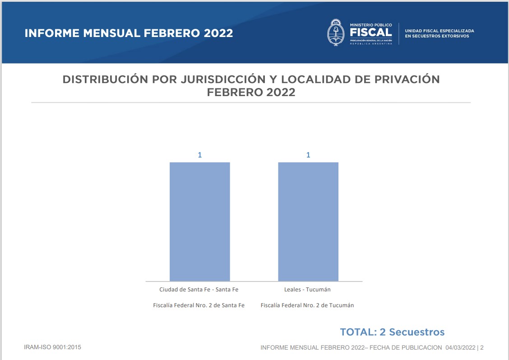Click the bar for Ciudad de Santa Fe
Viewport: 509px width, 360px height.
pos(199,222)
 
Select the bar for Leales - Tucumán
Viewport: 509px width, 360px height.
pos(308,222)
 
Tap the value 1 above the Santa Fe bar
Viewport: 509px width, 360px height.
pos(199,155)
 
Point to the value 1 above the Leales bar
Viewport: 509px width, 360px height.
pos(308,155)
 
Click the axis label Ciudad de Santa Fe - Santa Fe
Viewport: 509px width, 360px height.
pos(199,289)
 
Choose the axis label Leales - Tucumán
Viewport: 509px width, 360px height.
pos(307,289)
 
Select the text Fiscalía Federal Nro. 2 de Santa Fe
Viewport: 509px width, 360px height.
pos(199,305)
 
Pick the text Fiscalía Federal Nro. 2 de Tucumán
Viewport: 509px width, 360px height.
pos(307,305)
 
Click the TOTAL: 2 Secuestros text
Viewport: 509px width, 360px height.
pos(392,332)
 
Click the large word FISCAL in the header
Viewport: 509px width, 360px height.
pos(370,32)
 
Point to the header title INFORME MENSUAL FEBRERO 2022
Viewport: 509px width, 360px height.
pos(129,33)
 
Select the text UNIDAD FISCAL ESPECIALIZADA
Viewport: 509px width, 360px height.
pos(440,31)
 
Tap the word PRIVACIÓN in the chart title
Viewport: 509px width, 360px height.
pos(407,79)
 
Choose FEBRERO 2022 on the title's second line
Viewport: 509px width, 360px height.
pos(251,92)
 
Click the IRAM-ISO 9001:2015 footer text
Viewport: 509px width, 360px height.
pos(52,347)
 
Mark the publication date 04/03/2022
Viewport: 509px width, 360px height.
pos(460,348)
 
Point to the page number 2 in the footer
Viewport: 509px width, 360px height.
pos(482,348)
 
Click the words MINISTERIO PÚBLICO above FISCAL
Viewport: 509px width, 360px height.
pos(371,24)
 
